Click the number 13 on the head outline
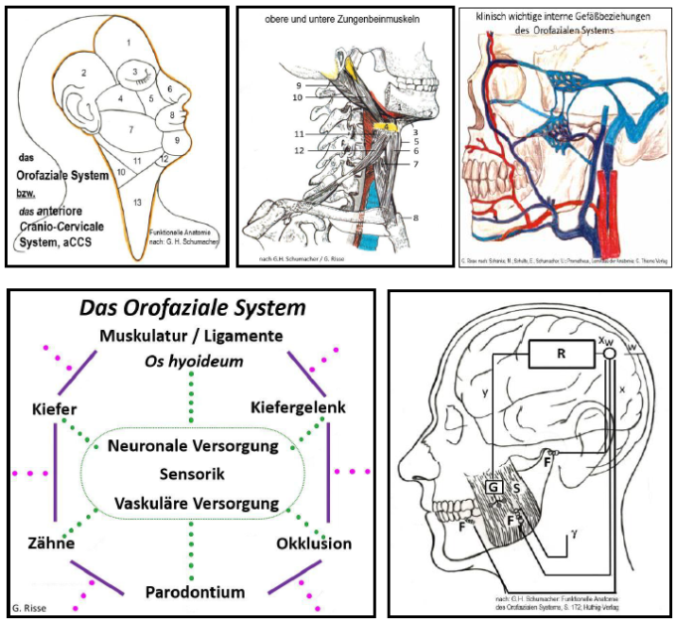pyautogui.click(x=137, y=202)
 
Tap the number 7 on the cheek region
pyautogui.click(x=131, y=129)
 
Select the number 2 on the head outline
pyautogui.click(x=84, y=73)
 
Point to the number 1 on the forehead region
pyautogui.click(x=128, y=43)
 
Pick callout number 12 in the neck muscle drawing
pyautogui.click(x=297, y=151)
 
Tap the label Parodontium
pyautogui.click(x=194, y=592)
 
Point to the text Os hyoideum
pyautogui.click(x=193, y=363)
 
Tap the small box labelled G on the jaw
pyautogui.click(x=493, y=487)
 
